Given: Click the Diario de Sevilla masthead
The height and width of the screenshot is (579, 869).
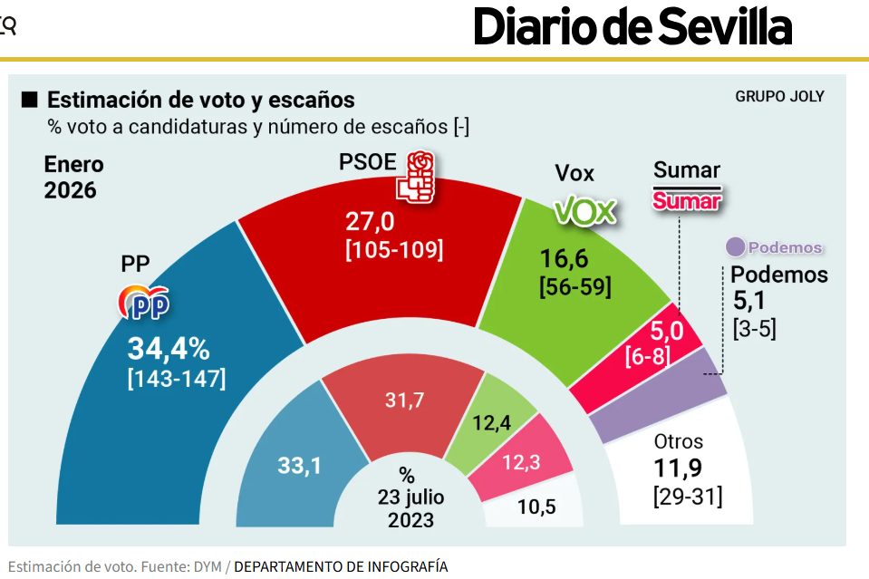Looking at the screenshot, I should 632,27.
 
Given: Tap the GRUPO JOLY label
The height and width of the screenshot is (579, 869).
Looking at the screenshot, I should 779,96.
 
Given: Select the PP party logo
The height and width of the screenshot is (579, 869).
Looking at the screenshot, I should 145,304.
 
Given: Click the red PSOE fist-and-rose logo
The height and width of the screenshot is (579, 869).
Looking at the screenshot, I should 416,176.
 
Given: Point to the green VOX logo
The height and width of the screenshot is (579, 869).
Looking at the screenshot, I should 584,211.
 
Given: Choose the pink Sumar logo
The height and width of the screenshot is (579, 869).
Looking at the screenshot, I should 687,201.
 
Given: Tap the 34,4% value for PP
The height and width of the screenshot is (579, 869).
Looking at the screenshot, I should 169,349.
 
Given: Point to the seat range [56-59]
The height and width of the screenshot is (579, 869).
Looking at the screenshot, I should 575,287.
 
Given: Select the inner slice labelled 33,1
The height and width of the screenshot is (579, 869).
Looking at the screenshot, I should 299,467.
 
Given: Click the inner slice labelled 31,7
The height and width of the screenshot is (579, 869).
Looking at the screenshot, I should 403,400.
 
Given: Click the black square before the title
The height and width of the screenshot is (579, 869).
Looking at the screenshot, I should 30,99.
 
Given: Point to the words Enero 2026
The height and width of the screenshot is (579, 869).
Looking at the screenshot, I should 74,178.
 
